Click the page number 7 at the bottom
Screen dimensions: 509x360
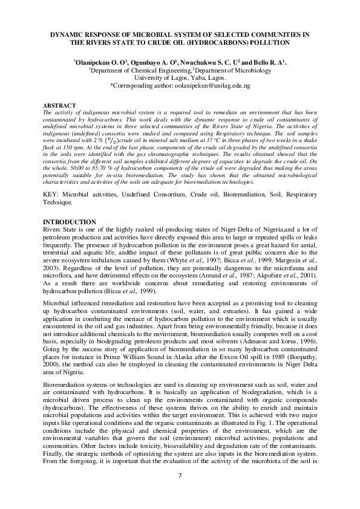(x=180, y=475)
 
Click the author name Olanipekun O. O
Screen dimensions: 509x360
(x=99, y=62)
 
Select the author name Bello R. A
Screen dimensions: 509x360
(x=268, y=62)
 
